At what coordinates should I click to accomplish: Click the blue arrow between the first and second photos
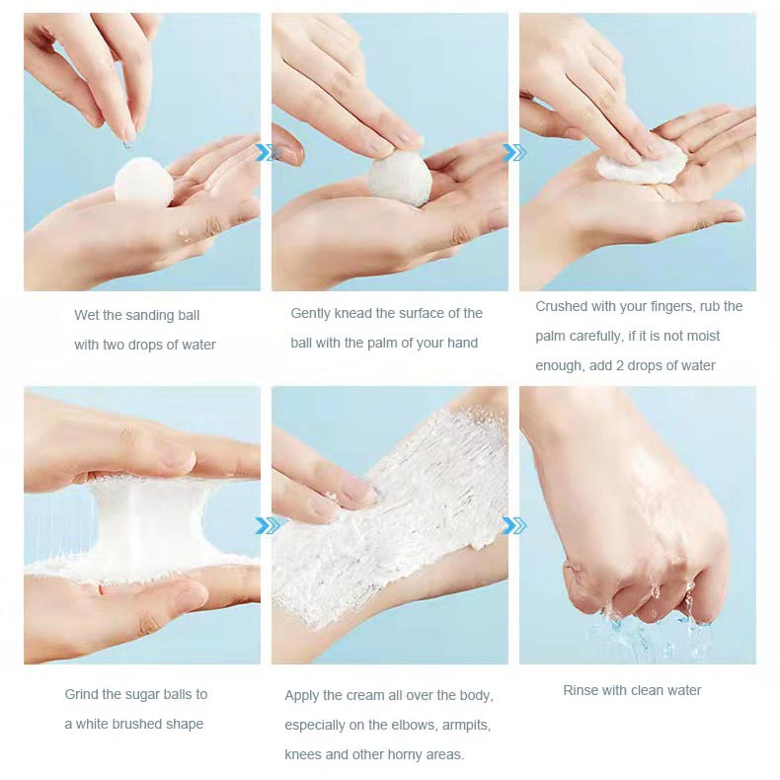[266, 152]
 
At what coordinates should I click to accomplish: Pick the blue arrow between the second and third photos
[513, 152]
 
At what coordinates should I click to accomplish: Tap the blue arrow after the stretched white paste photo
[266, 525]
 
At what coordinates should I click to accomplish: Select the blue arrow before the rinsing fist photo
[513, 525]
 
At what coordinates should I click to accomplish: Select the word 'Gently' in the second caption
[312, 313]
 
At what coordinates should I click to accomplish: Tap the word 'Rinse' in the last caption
[582, 690]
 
